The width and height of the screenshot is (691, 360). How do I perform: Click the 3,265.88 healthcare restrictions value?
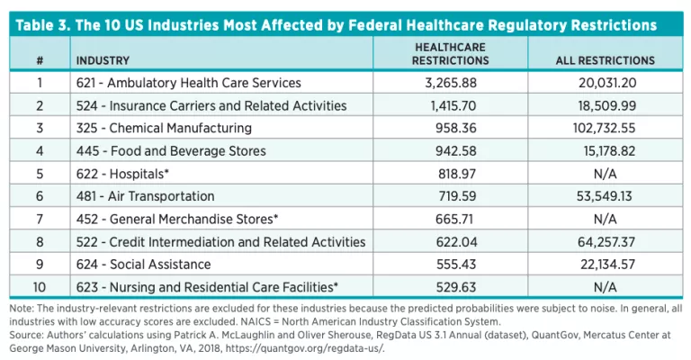(x=450, y=84)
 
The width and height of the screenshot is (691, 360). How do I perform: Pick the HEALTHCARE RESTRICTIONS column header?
(x=450, y=54)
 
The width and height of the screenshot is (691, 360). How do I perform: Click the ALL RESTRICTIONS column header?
(x=605, y=60)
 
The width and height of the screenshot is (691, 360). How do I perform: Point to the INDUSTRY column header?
(x=103, y=60)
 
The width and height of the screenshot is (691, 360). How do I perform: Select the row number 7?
(x=40, y=219)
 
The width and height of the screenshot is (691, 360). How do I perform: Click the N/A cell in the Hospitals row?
(x=605, y=174)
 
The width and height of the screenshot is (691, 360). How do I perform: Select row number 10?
(x=40, y=287)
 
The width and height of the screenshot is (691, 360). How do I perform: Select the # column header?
(x=40, y=60)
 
